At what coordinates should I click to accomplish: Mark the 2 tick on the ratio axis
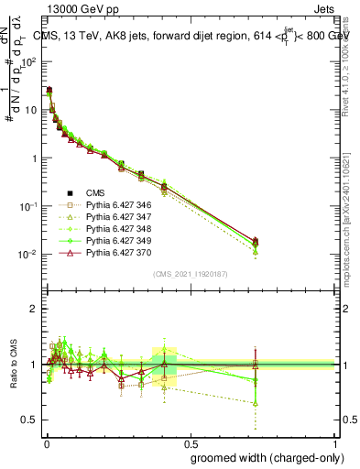35,309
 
